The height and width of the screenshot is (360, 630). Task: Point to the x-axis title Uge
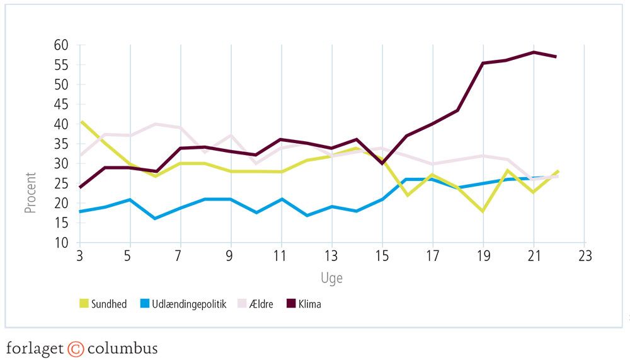pyautogui.click(x=331, y=277)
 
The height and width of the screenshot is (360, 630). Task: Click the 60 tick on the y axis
pyautogui.click(x=62, y=45)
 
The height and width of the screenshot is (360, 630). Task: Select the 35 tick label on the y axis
pyautogui.click(x=62, y=144)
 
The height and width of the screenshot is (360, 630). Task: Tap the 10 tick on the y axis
pyautogui.click(x=62, y=243)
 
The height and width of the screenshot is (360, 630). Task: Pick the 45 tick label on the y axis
pyautogui.click(x=62, y=105)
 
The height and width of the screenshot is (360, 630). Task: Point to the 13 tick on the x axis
pyautogui.click(x=332, y=257)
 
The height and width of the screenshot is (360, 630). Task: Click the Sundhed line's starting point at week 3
pyautogui.click(x=80, y=122)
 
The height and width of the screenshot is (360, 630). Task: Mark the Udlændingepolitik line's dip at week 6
pyautogui.click(x=155, y=218)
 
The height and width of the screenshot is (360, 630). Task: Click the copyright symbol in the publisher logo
pyautogui.click(x=76, y=349)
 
